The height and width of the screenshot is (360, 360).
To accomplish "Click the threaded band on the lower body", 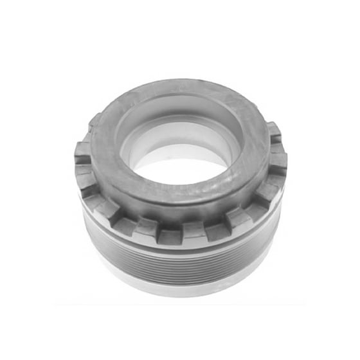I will (x=180, y=260).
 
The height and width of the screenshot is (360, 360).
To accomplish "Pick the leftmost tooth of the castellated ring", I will (x=83, y=152).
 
